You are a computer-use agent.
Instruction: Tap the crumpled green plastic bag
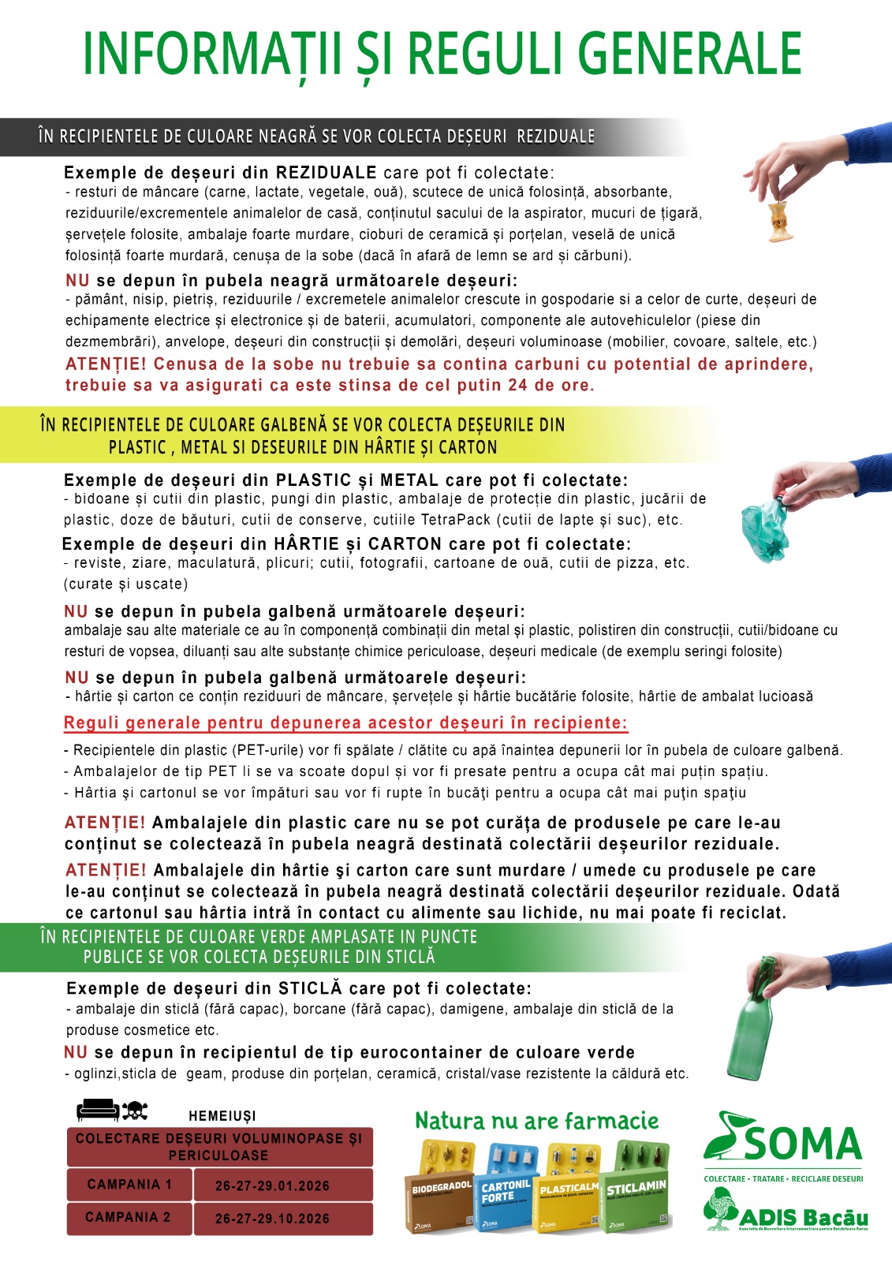[764, 529]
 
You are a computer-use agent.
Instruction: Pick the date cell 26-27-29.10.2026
[272, 1219]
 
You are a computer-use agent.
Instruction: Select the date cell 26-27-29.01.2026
[272, 1185]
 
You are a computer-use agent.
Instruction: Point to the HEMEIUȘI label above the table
[222, 1116]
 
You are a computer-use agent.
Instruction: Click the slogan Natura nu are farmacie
[536, 1121]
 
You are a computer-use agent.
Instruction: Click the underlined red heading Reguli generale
[345, 723]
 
